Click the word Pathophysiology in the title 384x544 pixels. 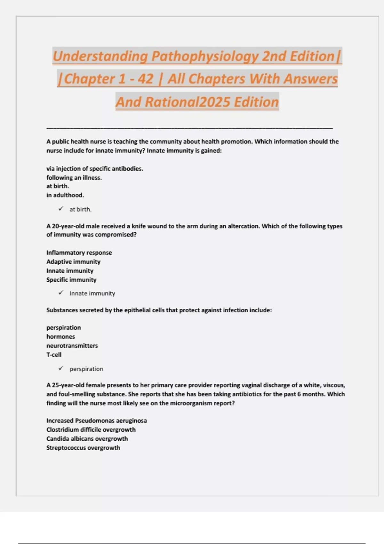205,56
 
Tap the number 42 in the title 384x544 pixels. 146,79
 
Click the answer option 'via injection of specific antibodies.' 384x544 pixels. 95,169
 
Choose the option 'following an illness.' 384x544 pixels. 74,178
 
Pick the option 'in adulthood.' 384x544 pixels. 65,195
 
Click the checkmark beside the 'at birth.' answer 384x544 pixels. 61,209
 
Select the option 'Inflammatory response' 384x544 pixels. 79,253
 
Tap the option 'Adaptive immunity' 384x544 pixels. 73,262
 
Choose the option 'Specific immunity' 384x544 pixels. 71,280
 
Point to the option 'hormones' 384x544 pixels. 60,337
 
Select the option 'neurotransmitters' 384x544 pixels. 72,346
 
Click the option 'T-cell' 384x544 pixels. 54,355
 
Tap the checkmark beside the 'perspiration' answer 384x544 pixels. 61,369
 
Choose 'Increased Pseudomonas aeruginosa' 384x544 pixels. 96,421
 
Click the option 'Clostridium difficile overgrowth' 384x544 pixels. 91,430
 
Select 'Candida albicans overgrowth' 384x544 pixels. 87,439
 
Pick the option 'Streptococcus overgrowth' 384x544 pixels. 83,448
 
